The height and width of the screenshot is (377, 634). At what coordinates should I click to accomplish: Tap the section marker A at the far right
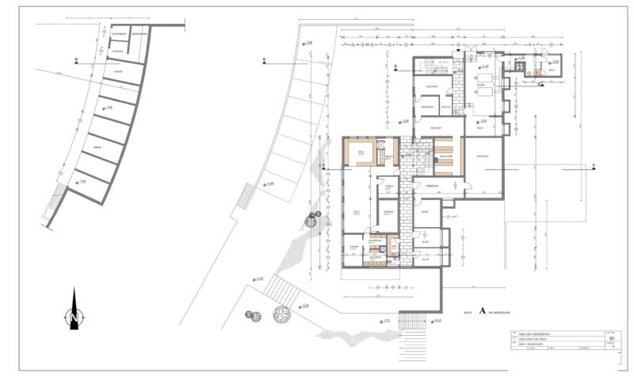tap(593, 165)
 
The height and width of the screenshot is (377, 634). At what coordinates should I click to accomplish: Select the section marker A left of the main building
tap(325, 165)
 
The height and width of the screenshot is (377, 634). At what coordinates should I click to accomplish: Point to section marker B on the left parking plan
tap(75, 60)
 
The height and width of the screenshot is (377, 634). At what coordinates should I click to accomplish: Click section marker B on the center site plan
tap(263, 60)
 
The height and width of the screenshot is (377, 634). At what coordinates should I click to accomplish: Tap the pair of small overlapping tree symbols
tap(253, 317)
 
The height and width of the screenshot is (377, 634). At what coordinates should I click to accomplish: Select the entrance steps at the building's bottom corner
tap(412, 318)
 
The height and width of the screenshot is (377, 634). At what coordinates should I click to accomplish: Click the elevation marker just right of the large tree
tap(303, 306)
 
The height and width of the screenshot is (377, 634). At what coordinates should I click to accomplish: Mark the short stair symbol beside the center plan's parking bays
tap(246, 195)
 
